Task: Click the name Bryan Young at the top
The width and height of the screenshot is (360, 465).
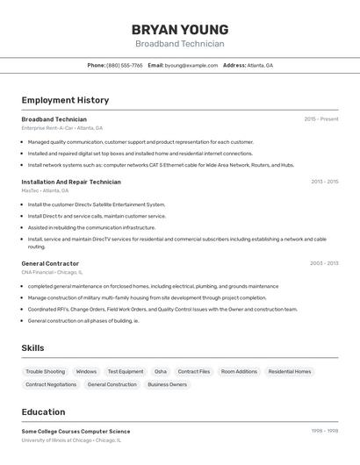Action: pos(180,29)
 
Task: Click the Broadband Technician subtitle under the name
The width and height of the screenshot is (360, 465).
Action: pos(180,44)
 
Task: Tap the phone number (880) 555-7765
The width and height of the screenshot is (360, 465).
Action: pos(124,65)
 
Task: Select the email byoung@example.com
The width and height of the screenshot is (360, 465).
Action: pos(191,65)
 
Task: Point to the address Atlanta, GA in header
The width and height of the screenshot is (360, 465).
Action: pos(259,65)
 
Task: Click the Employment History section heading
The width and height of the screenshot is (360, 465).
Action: pos(65,100)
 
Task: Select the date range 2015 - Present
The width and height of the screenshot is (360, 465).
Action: pos(320,118)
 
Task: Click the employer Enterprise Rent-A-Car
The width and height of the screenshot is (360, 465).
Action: pos(47,128)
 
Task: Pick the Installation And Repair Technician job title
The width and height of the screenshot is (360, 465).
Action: pos(71,182)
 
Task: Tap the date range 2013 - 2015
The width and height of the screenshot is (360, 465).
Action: pos(324,182)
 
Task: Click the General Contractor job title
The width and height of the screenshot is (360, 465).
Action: pos(50,263)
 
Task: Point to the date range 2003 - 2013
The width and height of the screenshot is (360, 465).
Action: pos(324,263)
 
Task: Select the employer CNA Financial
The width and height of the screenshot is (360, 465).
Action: pos(40,272)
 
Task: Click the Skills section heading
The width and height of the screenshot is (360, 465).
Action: pos(32,347)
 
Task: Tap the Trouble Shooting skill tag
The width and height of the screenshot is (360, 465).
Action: pos(45,371)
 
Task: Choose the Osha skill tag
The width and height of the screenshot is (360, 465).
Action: pos(161,371)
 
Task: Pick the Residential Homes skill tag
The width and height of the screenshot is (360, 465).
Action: pos(290,371)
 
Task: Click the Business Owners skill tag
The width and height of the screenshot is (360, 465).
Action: pos(167,384)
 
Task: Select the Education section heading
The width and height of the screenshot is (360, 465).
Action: pos(43,411)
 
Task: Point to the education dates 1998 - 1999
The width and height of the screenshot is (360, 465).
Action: pos(324,431)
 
